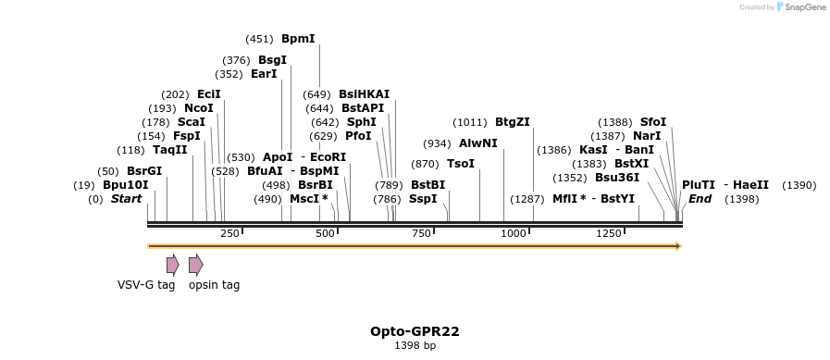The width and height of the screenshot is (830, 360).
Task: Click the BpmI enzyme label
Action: pos(298,39)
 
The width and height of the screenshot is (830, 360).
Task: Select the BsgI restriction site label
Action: pos(272,60)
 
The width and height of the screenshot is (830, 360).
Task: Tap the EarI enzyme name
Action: pos(264,74)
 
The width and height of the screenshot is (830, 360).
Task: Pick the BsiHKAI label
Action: pos(364,93)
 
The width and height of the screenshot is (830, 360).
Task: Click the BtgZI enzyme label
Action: pos(512,122)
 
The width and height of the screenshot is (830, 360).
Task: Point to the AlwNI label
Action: pos(477,143)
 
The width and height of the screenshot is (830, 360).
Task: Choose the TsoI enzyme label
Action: pos(460,164)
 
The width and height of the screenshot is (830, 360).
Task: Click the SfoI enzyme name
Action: pos(652,122)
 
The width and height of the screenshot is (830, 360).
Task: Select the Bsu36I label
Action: pos(616,177)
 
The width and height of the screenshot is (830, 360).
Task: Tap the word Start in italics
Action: pos(128,199)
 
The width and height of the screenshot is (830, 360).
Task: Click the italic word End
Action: pos(700,199)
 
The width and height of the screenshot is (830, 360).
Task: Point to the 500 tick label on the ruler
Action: pos(325,233)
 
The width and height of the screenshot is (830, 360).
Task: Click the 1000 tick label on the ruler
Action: pos(514,233)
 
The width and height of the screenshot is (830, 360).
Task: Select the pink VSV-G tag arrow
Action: pos(172,265)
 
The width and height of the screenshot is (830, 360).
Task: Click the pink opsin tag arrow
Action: pos(195,265)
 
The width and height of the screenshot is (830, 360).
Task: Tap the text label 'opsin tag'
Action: pos(214,285)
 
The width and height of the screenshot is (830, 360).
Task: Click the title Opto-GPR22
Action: pos(415,330)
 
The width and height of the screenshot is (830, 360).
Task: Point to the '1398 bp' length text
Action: pos(415,345)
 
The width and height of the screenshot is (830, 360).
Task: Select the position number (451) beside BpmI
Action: pos(259,39)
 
